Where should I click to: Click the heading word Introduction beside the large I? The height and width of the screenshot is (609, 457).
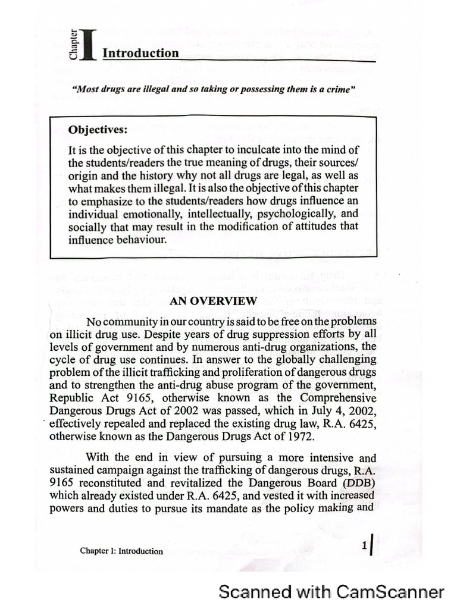[x=140, y=53]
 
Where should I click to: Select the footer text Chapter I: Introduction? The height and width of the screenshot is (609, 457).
[x=121, y=551]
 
